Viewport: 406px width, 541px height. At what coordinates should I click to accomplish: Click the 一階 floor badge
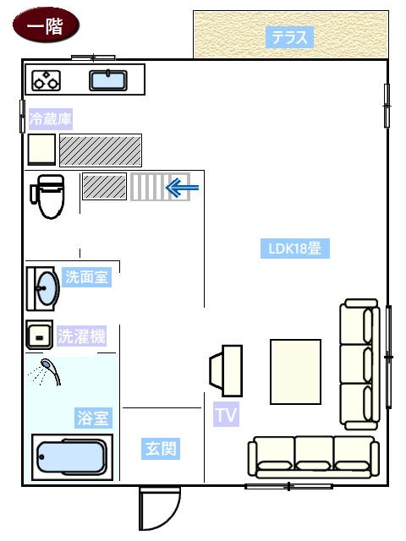(46, 25)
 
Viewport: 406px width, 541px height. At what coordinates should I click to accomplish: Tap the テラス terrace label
(289, 37)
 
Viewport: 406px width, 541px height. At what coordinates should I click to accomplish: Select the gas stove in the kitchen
(47, 81)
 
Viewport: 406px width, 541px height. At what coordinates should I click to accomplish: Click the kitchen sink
(108, 80)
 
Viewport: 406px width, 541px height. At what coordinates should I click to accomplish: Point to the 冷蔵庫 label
(51, 119)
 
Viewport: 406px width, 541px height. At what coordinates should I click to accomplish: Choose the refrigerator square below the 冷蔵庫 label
(41, 149)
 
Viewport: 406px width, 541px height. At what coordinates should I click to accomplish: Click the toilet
(48, 196)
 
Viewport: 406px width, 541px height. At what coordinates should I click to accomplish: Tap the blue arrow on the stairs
(183, 188)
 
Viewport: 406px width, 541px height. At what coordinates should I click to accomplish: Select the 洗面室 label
(86, 276)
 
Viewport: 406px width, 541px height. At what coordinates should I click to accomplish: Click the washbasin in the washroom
(43, 288)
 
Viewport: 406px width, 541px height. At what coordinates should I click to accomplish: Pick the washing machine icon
(40, 335)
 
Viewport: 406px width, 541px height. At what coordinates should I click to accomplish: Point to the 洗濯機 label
(81, 336)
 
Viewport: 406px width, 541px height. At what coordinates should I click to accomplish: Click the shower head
(50, 370)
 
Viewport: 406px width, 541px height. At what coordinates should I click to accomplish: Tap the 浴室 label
(93, 418)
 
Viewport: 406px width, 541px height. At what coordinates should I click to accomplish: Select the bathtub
(72, 457)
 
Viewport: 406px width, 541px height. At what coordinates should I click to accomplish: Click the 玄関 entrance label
(161, 449)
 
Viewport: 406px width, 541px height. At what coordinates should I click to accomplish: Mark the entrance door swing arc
(172, 515)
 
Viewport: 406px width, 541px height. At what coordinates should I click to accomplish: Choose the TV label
(226, 414)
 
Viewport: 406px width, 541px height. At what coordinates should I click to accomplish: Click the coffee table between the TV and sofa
(295, 372)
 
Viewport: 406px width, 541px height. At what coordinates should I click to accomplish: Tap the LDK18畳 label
(295, 249)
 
